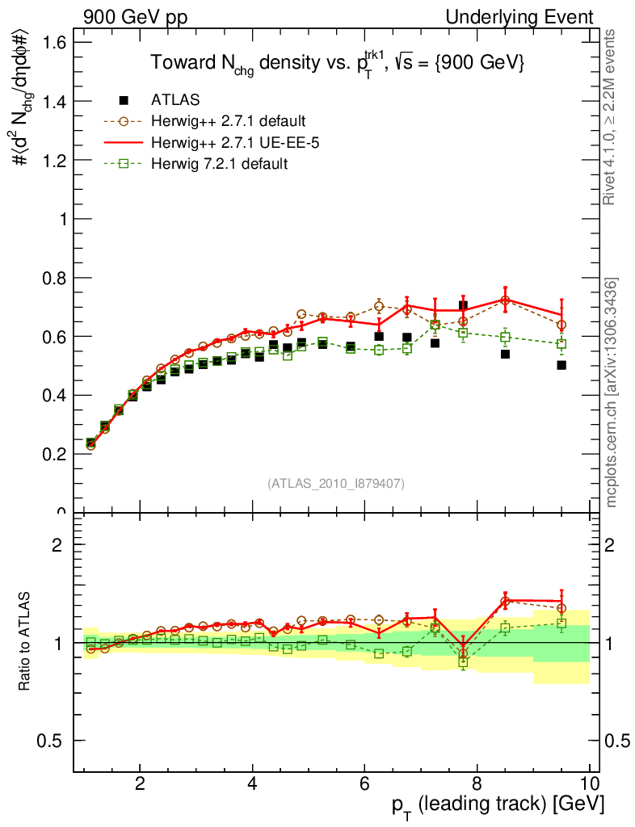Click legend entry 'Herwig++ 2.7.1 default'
[227, 121]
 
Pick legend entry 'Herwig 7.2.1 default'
[219, 164]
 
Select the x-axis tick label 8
[477, 783]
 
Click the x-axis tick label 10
[589, 783]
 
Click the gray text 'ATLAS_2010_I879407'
[336, 484]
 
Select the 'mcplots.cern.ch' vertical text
[613, 393]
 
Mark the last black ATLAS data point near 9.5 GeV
[561, 365]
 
